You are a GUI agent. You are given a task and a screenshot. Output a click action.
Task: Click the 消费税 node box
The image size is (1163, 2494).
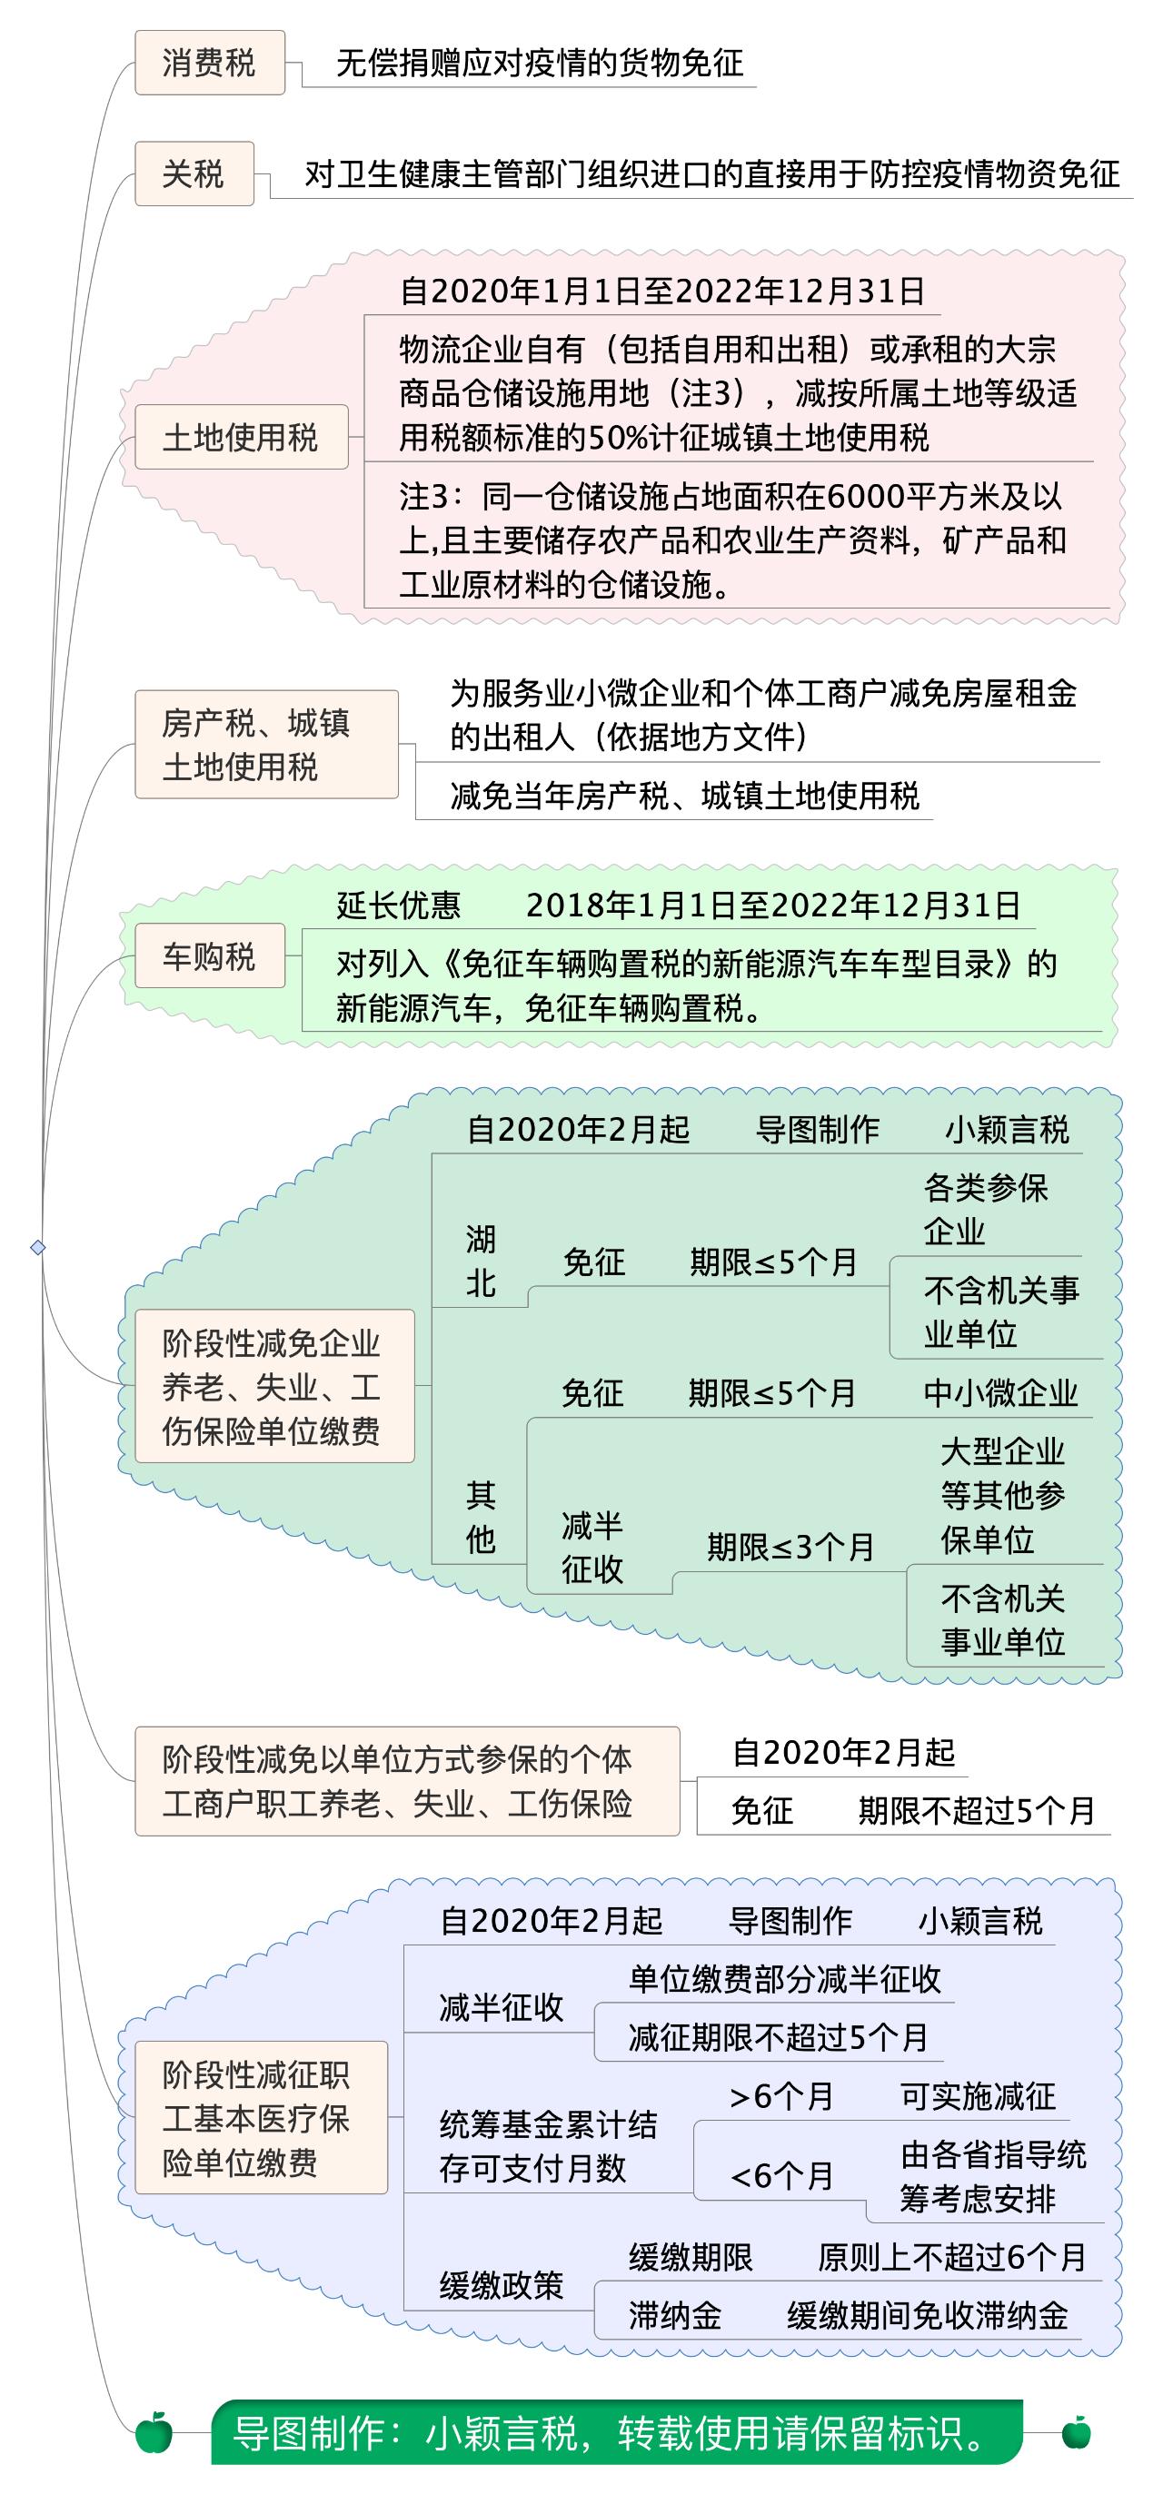(x=209, y=63)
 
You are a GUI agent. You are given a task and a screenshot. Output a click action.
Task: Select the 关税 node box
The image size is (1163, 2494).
(x=194, y=174)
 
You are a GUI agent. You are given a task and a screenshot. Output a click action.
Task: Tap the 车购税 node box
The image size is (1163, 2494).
(x=209, y=955)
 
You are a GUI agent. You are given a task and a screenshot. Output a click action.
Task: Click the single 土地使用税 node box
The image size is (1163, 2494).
(x=241, y=438)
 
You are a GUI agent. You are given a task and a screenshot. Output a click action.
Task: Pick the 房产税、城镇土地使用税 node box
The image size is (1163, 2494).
(x=266, y=745)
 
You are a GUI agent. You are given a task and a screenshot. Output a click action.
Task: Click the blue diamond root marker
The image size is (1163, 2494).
(x=38, y=1247)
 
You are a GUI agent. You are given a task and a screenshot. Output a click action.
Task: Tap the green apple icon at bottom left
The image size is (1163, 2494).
(x=154, y=2431)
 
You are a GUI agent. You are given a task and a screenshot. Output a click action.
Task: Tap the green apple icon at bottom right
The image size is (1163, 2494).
(x=1076, y=2431)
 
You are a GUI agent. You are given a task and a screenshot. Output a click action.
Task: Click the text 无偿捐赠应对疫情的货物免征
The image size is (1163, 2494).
(x=540, y=64)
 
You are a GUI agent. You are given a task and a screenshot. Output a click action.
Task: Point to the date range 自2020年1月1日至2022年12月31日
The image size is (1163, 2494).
(x=662, y=292)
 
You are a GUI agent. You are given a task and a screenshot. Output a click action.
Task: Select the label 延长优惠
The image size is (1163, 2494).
(x=398, y=906)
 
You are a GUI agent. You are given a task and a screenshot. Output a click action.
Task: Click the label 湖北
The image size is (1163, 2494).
(x=481, y=1261)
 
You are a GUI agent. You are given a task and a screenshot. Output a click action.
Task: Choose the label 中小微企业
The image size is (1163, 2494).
(x=1000, y=1393)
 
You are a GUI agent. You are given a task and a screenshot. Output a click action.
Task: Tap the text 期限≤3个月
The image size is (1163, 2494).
(x=790, y=1547)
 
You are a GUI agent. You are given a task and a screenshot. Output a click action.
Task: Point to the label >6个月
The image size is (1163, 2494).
(x=781, y=2096)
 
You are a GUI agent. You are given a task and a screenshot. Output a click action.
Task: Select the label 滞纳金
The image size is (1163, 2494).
(x=675, y=2316)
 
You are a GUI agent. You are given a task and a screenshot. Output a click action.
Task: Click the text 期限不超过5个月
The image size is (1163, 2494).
(x=976, y=1810)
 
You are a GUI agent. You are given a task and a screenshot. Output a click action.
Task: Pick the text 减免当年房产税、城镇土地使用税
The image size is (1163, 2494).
(x=683, y=796)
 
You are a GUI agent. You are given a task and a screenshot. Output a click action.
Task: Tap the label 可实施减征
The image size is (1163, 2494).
(x=978, y=2096)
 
